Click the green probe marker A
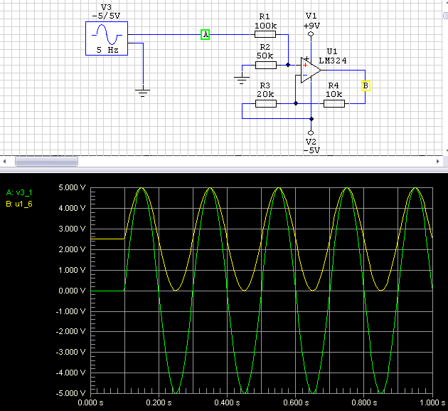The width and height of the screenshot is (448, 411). [205, 35]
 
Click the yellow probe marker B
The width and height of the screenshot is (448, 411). [366, 86]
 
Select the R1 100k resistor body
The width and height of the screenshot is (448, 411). [265, 34]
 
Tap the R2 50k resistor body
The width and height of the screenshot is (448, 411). [266, 66]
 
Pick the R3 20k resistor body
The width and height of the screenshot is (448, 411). [266, 103]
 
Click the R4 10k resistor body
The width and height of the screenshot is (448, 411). [334, 103]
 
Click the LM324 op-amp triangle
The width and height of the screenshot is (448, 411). [311, 70]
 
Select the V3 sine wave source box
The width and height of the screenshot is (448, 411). [107, 38]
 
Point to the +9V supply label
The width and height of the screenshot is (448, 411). [311, 26]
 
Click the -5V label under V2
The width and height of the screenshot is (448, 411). [311, 150]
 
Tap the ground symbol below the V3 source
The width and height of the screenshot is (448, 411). [142, 92]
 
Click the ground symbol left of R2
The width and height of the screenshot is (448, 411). [242, 79]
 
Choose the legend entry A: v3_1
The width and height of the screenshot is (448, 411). [19, 192]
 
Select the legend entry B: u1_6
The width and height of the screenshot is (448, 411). [19, 204]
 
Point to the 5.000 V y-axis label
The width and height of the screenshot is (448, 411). [72, 188]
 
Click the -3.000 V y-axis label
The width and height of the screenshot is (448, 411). [70, 352]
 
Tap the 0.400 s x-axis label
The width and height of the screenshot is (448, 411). [227, 402]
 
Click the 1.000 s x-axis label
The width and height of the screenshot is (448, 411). [432, 402]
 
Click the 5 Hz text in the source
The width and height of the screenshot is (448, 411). [107, 50]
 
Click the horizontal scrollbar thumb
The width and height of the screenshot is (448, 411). [46, 162]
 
